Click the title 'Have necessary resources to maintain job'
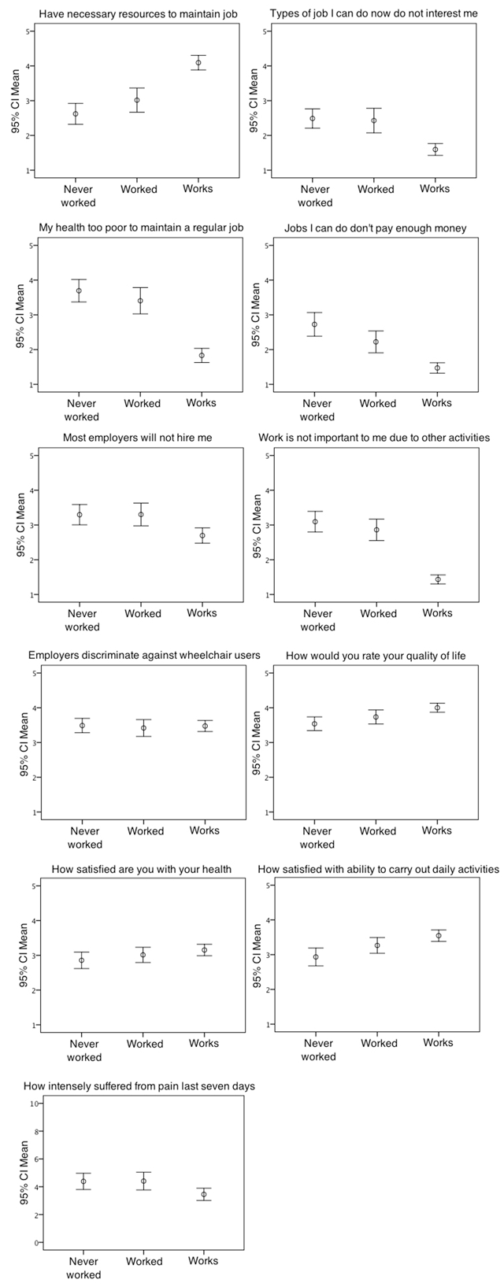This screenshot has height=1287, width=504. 138,13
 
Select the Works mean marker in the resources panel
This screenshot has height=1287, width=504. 198,63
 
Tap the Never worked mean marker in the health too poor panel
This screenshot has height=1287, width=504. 79,290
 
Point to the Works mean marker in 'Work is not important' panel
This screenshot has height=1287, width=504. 437,579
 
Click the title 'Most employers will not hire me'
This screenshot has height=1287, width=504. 137,438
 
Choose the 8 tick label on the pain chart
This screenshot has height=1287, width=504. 36,1131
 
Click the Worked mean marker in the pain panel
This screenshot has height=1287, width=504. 143,1182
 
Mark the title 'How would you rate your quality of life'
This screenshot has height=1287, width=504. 376,656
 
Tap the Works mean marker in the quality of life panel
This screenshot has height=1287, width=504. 437,708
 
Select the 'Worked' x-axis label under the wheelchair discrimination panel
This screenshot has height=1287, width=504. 146,830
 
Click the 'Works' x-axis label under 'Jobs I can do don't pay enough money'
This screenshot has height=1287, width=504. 437,403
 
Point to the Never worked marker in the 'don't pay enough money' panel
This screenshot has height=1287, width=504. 314,324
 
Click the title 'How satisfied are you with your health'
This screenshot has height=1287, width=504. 142,869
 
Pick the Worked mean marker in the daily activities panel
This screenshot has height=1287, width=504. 377,945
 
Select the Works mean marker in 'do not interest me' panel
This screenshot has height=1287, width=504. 435,150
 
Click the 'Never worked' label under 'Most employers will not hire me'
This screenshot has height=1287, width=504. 82,620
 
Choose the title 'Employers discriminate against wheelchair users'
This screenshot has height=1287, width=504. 144,656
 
